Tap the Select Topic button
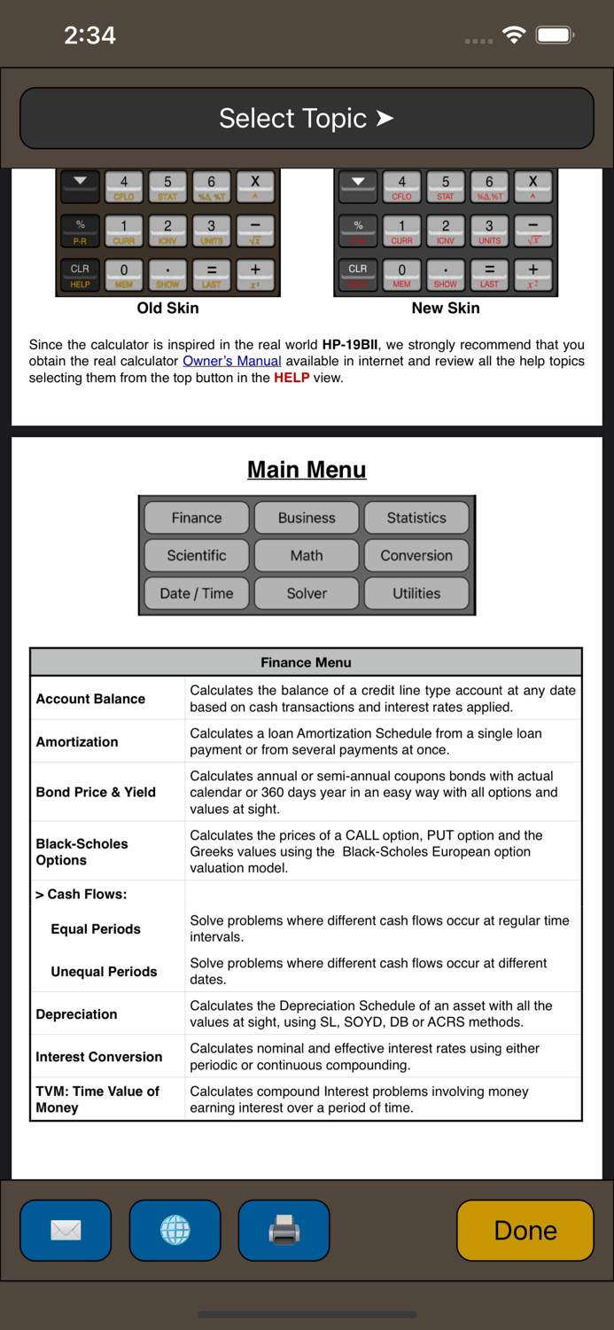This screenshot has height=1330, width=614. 307,118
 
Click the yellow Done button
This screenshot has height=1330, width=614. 525,1230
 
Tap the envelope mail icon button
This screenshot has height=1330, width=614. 66,1230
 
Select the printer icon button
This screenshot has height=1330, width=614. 284,1230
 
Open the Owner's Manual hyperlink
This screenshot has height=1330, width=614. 232,361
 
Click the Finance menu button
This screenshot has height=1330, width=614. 197,518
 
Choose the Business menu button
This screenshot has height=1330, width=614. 307,518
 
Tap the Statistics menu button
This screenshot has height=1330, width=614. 416,518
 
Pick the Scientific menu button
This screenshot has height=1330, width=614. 197,556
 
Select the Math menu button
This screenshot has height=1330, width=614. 307,556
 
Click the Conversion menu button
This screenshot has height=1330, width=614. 416,556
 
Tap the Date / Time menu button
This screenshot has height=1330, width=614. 197,593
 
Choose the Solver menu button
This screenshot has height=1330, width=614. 307,593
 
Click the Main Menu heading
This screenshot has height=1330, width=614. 307,470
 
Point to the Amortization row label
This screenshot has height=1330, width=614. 77,742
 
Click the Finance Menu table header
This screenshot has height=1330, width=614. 306,662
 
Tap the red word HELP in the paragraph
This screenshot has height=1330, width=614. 291,378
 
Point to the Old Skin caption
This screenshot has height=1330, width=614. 167,309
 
